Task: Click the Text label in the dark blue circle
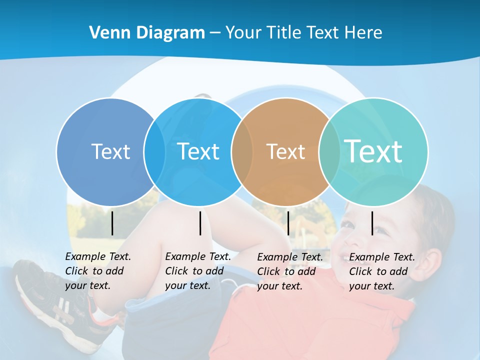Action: pyautogui.click(x=110, y=151)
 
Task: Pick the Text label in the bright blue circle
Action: pyautogui.click(x=198, y=151)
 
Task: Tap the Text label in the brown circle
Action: pyautogui.click(x=286, y=151)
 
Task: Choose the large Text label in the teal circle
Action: pyautogui.click(x=373, y=151)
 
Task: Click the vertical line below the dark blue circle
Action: pyautogui.click(x=112, y=223)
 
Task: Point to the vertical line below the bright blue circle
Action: pyautogui.click(x=200, y=223)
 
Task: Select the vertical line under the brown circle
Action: pyautogui.click(x=288, y=223)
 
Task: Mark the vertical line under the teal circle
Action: pyautogui.click(x=372, y=223)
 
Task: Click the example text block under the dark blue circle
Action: pyautogui.click(x=97, y=271)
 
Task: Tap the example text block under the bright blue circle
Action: pyautogui.click(x=197, y=271)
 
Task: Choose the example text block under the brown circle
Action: pyautogui.click(x=289, y=271)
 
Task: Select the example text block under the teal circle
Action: pyautogui.click(x=381, y=271)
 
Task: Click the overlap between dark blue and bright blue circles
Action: pyautogui.click(x=154, y=152)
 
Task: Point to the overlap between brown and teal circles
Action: pyautogui.click(x=329, y=152)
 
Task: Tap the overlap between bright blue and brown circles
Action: pyautogui.click(x=242, y=152)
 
